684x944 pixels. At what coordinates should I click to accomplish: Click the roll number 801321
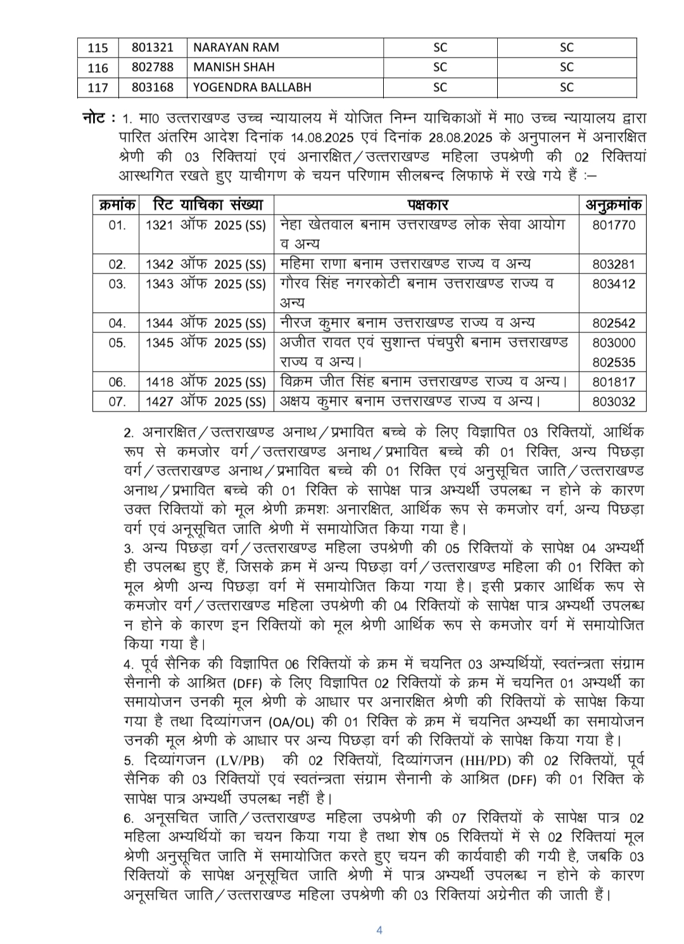152,47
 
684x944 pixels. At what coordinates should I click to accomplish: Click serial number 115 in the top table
98,47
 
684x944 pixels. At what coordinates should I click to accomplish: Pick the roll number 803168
152,87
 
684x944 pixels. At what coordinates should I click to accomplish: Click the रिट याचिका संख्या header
207,205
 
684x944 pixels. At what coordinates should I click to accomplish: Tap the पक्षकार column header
427,205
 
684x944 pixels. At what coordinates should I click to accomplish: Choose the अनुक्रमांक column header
613,205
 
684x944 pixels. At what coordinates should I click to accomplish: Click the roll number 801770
613,225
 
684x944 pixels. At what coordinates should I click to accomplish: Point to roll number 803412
613,284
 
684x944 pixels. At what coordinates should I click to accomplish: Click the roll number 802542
613,323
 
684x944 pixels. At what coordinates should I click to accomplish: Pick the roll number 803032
613,401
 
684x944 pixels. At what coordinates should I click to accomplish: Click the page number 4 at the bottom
379,930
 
